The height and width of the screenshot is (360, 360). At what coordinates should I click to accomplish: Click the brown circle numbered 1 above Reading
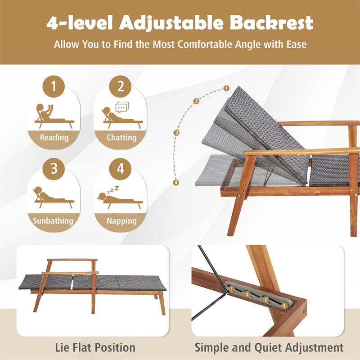[x=54, y=86]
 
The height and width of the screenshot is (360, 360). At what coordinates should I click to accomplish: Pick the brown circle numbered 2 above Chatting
[x=120, y=86]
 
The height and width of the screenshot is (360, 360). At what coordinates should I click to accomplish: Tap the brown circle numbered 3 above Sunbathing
[x=54, y=169]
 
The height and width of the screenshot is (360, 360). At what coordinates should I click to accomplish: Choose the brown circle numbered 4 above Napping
[x=120, y=169]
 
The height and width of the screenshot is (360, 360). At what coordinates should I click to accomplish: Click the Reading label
[x=54, y=138]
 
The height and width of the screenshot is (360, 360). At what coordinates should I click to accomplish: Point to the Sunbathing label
[x=53, y=221]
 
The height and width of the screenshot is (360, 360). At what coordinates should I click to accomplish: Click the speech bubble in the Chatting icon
[x=121, y=107]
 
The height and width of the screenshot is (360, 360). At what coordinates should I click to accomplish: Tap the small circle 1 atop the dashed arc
[x=226, y=89]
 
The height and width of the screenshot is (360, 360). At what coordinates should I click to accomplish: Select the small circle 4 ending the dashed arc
[x=176, y=182]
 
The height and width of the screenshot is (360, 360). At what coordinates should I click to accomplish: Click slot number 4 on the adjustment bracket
[x=284, y=305]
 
